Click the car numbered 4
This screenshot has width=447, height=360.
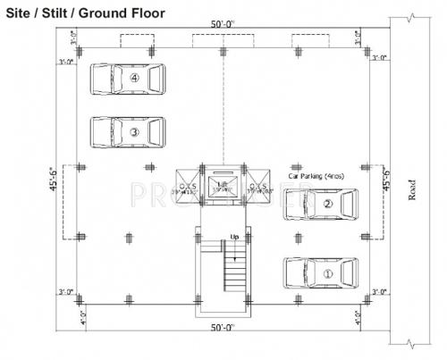[x=128, y=79]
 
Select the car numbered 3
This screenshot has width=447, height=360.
[x=128, y=132]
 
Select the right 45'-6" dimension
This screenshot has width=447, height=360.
[x=387, y=180]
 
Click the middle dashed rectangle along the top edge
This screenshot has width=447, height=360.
[x=222, y=41]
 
